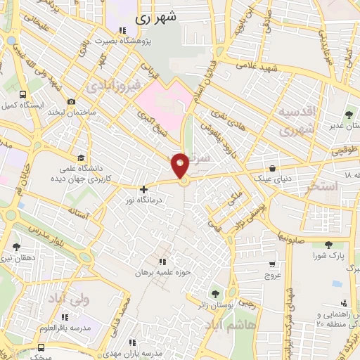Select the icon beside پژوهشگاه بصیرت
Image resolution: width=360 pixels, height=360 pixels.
click(x=123, y=30)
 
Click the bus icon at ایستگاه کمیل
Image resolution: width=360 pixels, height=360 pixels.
click(x=23, y=94)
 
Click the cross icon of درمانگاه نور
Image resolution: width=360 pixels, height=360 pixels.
click(x=143, y=189)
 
